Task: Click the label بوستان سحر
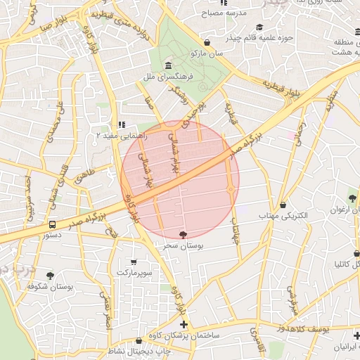[x=184, y=247]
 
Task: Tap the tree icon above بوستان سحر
[x=184, y=235]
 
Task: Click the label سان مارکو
[x=210, y=53]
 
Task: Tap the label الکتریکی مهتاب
[x=283, y=217]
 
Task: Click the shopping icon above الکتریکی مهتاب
[x=283, y=205]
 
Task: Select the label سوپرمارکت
[x=135, y=271]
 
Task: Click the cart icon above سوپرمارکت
[x=135, y=261]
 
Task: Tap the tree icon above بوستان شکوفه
[x=50, y=276]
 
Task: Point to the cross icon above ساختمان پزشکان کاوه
[x=184, y=325]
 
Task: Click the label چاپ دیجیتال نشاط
[x=138, y=350]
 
